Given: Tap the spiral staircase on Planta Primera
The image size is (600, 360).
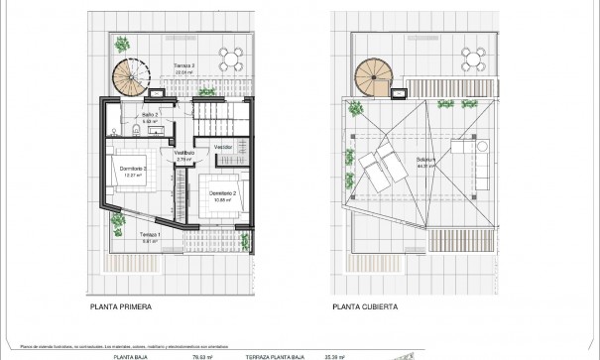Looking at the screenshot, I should coord(130,75).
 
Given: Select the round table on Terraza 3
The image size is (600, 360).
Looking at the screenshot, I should coord(231,58).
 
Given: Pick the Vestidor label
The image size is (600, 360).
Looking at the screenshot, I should coord(224,146).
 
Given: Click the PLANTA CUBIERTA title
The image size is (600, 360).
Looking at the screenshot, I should coord(366,307).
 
